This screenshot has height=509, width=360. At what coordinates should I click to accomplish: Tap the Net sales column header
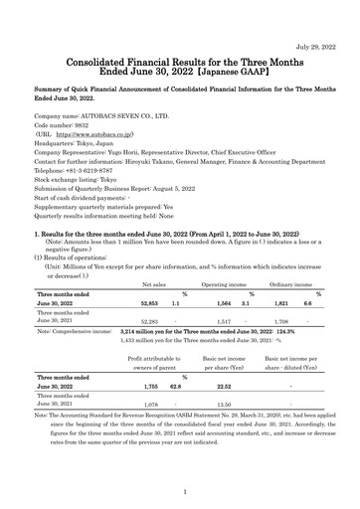click(154, 283)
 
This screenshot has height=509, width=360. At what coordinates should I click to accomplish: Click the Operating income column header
click(225, 283)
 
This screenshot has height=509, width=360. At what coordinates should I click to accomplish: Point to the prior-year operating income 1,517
click(226, 321)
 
